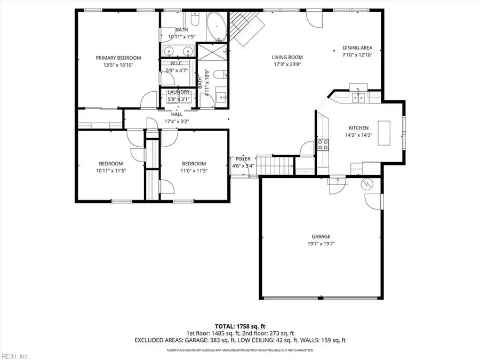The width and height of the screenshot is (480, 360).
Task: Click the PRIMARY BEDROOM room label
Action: [x=118, y=58]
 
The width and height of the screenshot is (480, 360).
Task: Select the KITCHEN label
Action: [x=358, y=128]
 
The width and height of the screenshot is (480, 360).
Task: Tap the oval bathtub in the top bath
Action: [x=216, y=27]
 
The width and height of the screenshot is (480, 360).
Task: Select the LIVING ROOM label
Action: [x=287, y=58]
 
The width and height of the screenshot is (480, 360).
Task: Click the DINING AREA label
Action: [x=357, y=47]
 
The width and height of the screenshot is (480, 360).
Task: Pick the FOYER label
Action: [x=243, y=159]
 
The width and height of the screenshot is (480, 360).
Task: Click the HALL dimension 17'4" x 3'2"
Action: [x=177, y=121]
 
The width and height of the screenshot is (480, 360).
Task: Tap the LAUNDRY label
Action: [x=179, y=92]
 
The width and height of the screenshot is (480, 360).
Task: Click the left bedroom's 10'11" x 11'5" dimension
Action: [x=110, y=171]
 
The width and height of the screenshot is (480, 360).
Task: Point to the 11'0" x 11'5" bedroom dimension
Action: [x=194, y=171]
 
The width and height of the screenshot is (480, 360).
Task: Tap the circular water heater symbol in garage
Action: [x=366, y=185]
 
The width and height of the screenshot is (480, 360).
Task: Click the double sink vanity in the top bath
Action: [x=177, y=52]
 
